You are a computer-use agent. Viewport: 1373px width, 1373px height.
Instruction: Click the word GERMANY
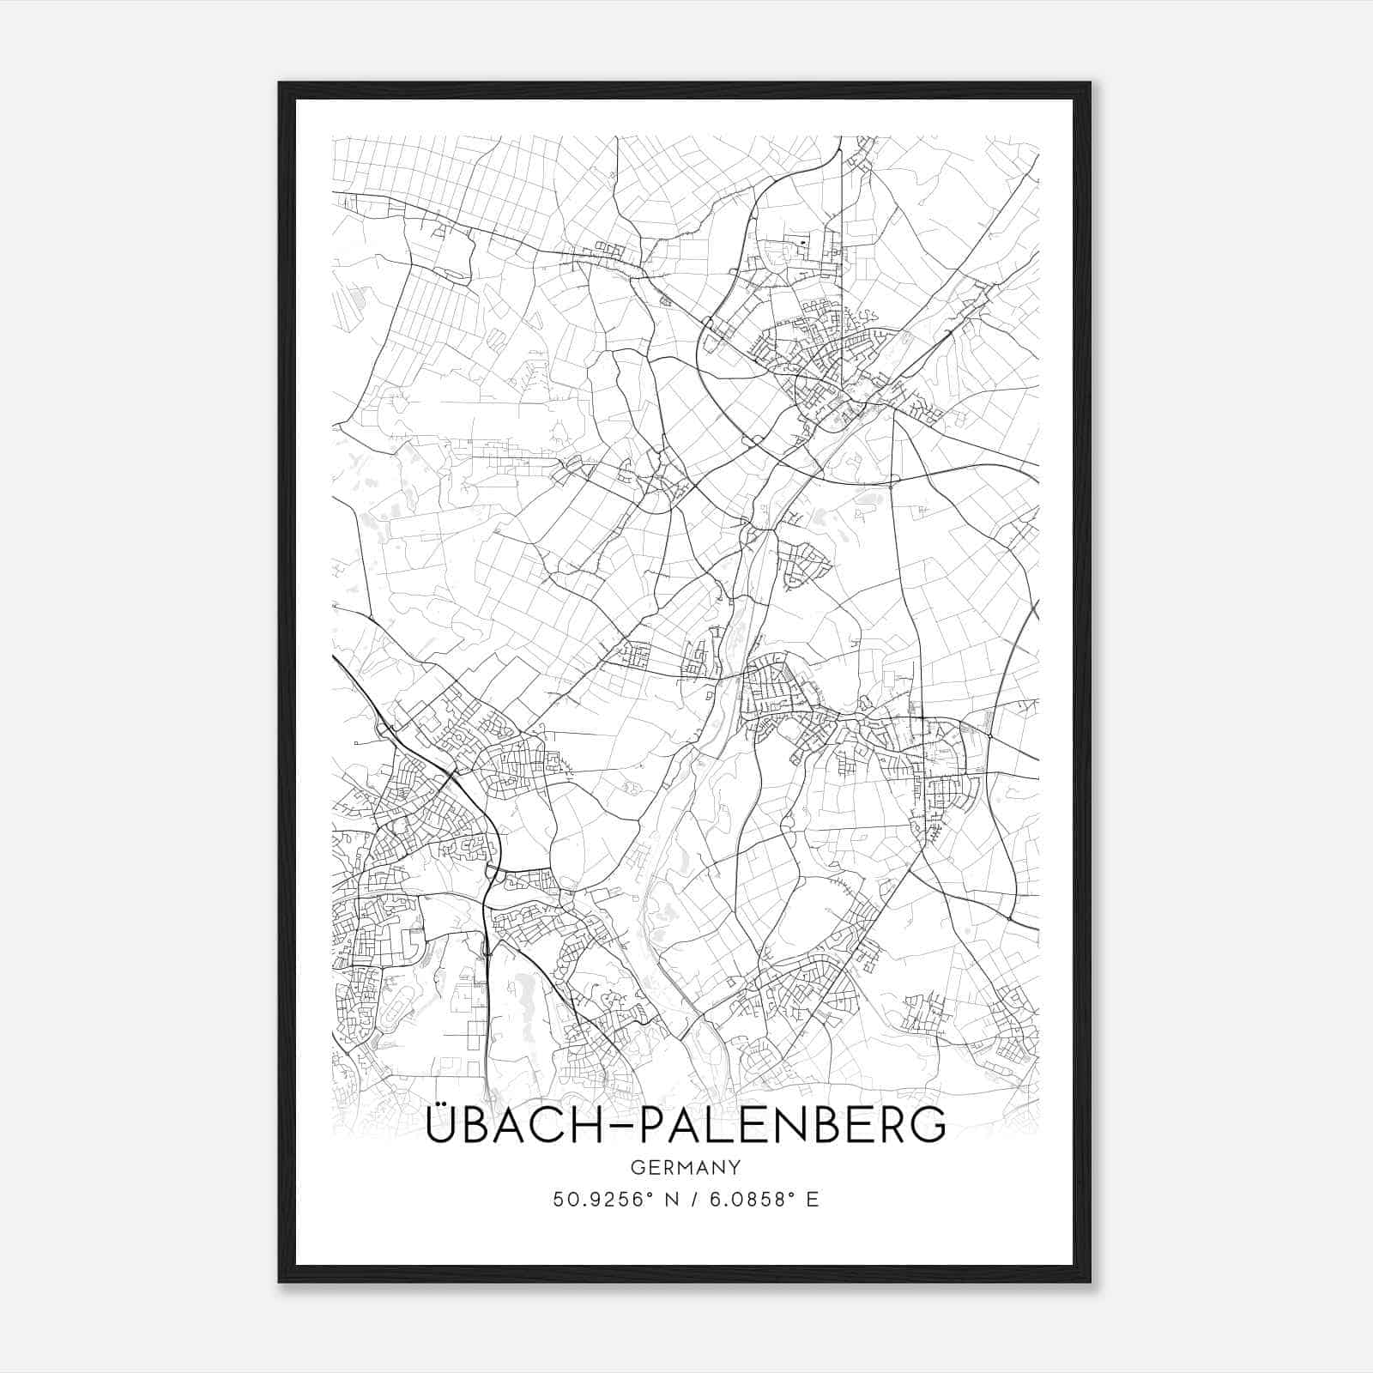(685, 1168)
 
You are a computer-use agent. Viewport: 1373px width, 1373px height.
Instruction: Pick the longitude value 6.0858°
(749, 1200)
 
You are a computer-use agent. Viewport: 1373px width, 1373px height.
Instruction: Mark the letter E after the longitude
(812, 1200)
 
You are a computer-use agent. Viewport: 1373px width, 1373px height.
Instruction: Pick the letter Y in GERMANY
(735, 1168)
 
